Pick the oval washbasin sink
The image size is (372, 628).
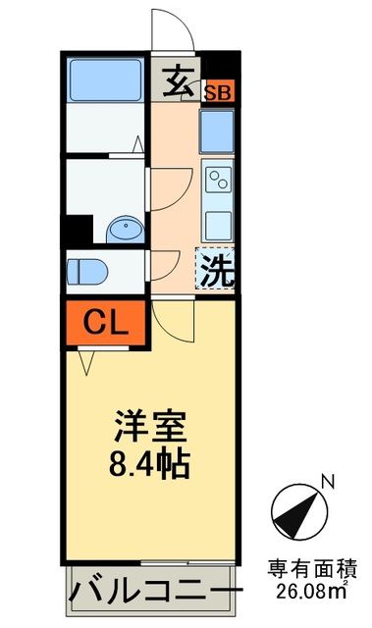(126, 230)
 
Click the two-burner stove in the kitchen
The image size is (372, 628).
(217, 181)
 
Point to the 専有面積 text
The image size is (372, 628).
(313, 568)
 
